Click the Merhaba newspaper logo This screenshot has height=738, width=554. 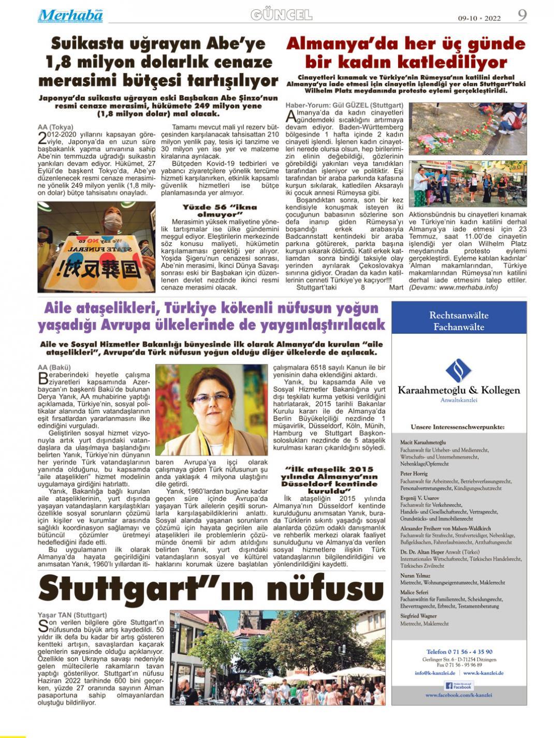point(70,16)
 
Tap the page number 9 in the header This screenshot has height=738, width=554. point(522,15)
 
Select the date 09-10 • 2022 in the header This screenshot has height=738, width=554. point(479,18)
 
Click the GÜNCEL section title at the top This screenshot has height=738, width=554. point(281,15)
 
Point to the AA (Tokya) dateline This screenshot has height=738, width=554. point(55,127)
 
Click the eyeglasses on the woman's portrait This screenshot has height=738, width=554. point(211,399)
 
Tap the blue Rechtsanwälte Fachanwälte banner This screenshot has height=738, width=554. point(459,321)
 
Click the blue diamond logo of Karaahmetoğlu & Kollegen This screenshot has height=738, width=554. point(459,371)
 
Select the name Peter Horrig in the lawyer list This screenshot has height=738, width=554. point(414,474)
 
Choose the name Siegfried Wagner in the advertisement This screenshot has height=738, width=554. point(418,616)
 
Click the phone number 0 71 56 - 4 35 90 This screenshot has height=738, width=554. point(459,652)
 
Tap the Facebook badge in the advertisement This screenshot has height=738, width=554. point(459,686)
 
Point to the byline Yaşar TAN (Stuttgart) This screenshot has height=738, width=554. point(72,615)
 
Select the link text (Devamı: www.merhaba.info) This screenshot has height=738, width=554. point(454,287)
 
